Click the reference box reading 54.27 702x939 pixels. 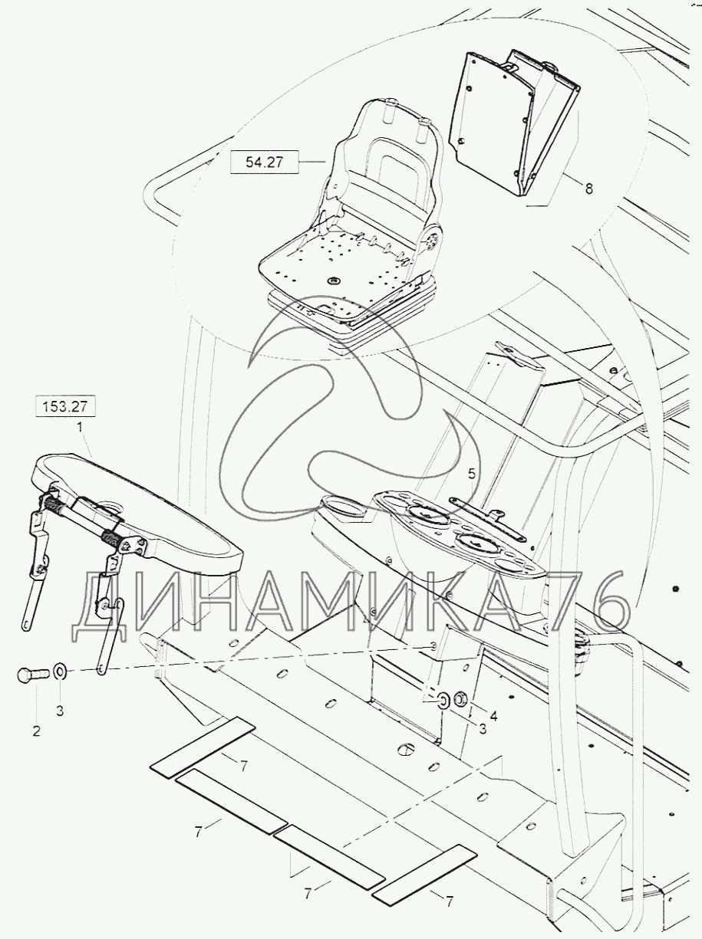click(264, 163)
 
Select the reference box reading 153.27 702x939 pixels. click(65, 406)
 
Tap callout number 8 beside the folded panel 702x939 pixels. click(589, 189)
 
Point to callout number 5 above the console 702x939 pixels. click(471, 474)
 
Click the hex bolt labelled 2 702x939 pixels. click(32, 675)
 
